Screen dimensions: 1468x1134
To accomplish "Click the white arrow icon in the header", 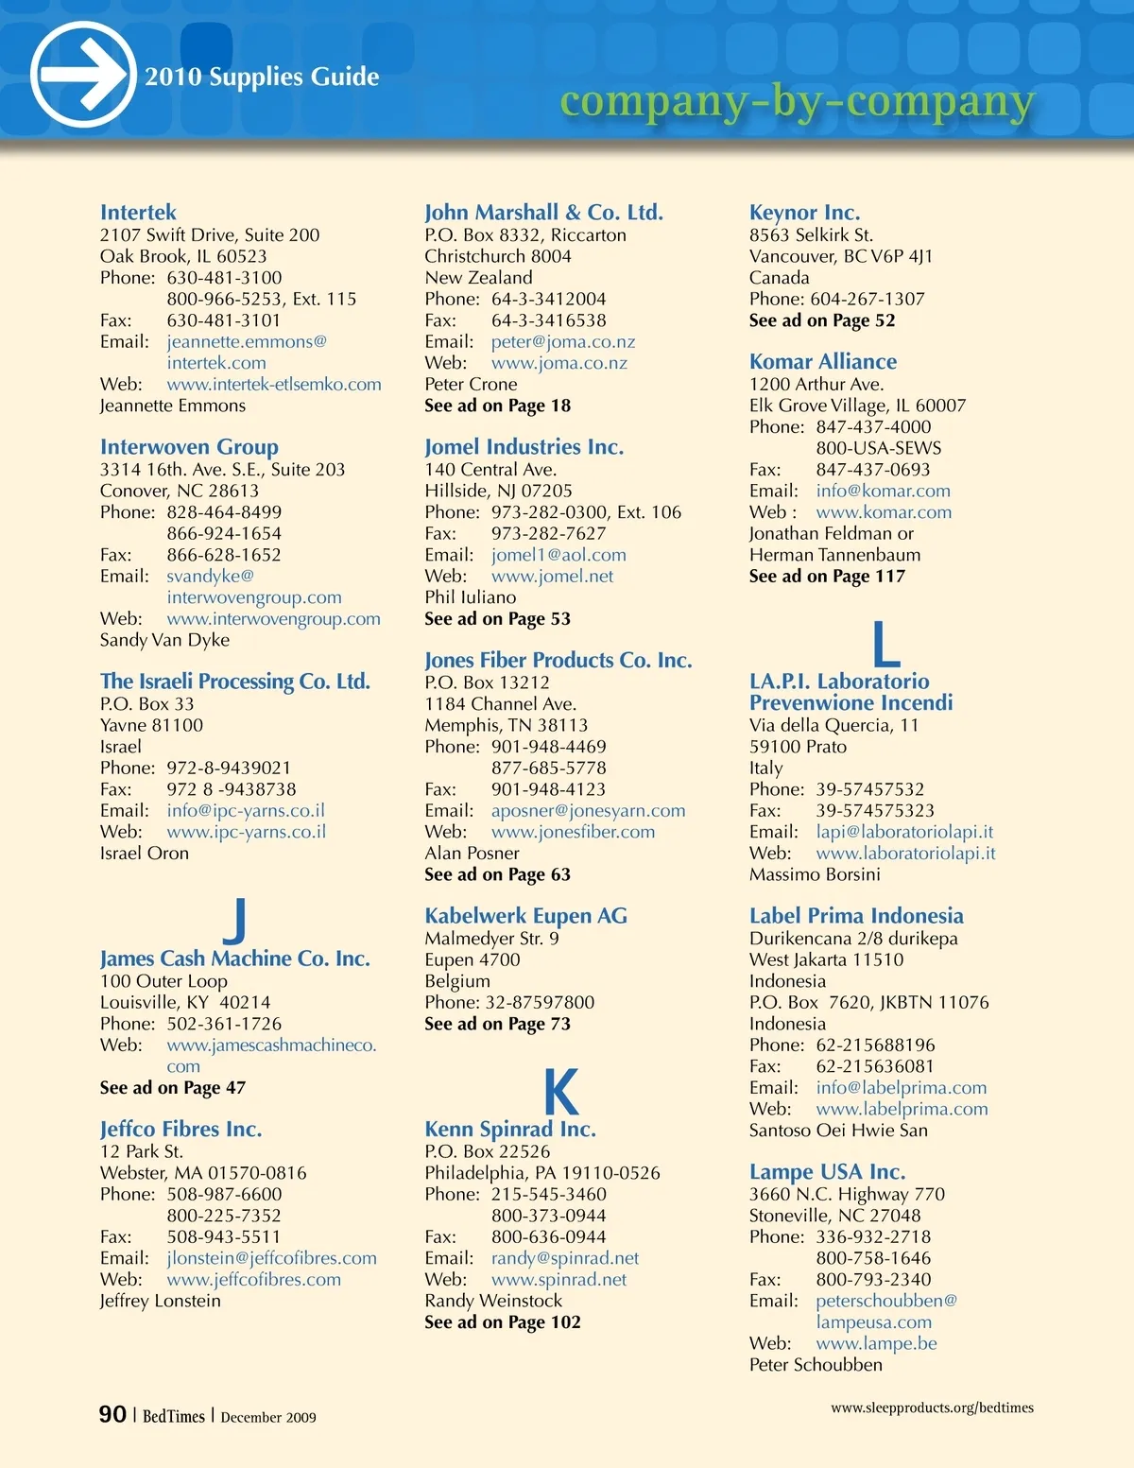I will pos(83,75).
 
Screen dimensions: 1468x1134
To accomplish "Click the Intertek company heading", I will pos(138,213).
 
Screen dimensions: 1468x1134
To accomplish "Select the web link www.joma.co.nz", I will pos(558,363).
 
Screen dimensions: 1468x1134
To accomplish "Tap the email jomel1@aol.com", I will pos(558,555).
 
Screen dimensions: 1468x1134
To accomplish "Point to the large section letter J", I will pos(235,920).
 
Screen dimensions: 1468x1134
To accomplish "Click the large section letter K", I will pos(560,1092).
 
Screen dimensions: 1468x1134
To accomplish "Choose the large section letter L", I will pos(885,645).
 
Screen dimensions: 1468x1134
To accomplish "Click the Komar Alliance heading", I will pos(823,361).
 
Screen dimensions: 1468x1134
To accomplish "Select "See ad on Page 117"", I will pos(827,577).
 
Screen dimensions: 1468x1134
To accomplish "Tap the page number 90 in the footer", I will pos(112,1414).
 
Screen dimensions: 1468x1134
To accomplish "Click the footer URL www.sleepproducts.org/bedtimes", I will pos(932,1408).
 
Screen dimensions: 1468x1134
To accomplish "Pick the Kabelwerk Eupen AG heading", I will pos(525,916).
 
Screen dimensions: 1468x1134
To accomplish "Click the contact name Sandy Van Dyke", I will pos(164,640).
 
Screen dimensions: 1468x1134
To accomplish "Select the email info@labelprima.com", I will pos(901,1088).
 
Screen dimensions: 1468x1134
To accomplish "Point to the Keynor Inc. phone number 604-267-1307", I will pos(867,299).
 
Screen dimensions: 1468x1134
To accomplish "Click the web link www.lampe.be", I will pos(876,1343).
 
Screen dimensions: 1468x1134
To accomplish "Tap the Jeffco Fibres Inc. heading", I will pos(180,1129).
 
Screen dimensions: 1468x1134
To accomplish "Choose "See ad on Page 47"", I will pos(173,1088).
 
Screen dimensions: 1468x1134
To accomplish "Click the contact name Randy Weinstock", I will pos(493,1301).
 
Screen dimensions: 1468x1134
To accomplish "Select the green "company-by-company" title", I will pos(797,100).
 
